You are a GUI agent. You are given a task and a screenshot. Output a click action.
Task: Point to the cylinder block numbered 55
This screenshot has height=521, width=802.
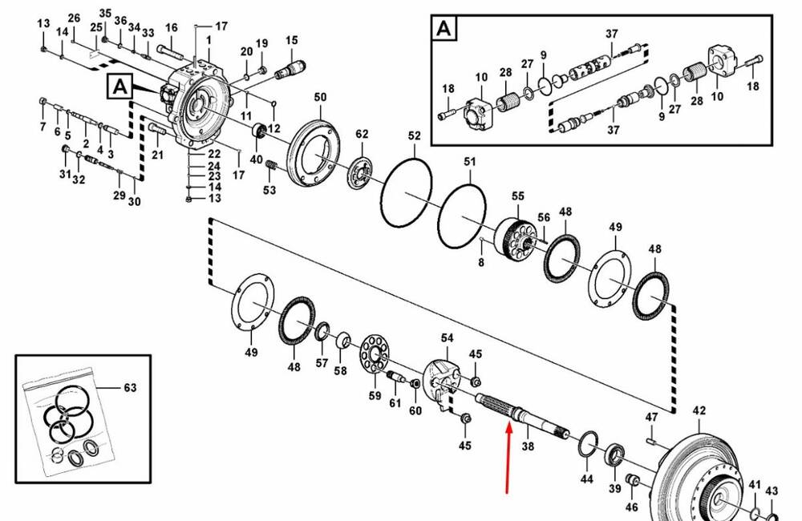(516, 236)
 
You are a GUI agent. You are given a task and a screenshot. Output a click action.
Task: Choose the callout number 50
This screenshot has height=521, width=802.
(320, 97)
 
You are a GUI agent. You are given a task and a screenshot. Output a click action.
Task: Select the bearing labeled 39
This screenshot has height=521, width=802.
(616, 454)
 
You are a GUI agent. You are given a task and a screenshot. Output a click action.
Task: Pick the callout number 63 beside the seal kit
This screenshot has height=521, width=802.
(130, 388)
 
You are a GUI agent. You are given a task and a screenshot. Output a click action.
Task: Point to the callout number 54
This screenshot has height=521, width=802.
(447, 340)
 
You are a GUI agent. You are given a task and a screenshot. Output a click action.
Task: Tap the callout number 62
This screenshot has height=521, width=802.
(362, 134)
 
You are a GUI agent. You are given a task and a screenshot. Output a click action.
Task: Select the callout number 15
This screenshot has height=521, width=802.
(291, 41)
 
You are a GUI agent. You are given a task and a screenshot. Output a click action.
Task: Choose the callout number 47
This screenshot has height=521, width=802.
(651, 418)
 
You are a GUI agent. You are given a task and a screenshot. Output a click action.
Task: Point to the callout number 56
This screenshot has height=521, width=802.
(544, 218)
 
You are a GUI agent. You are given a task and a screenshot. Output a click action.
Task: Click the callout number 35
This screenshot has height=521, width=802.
(105, 14)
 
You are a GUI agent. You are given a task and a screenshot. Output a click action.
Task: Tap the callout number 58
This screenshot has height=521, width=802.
(340, 370)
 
